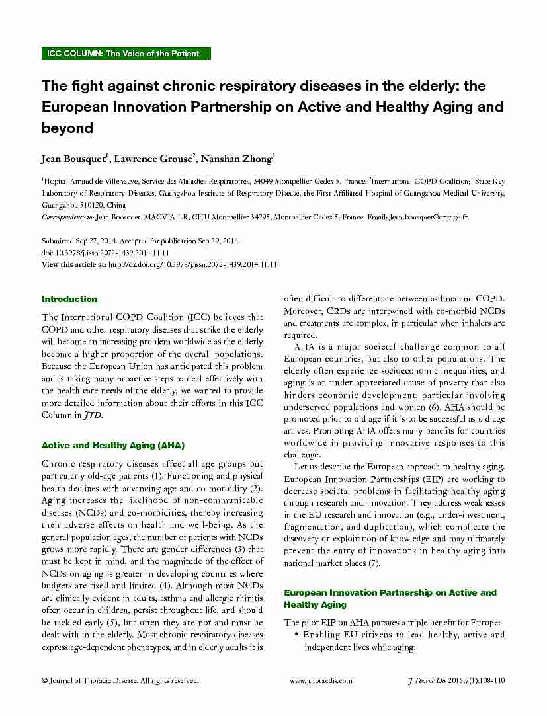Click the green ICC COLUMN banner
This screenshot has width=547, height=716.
(126, 54)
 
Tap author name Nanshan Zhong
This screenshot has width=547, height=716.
(236, 158)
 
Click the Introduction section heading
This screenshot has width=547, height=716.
(69, 299)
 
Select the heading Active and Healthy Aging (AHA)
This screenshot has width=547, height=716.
(113, 445)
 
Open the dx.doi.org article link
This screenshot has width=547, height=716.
(192, 264)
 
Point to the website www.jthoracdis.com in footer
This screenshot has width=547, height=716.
(321, 680)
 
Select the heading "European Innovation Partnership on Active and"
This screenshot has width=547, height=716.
(390, 592)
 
